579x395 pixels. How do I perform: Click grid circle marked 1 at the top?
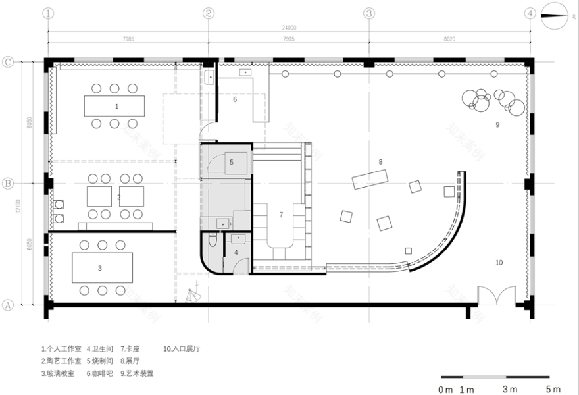[x=49, y=13]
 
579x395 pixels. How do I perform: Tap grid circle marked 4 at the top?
[x=530, y=13]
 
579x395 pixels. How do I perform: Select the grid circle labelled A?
[x=9, y=305]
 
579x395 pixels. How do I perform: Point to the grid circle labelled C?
[x=9, y=62]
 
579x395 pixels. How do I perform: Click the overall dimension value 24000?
[x=288, y=28]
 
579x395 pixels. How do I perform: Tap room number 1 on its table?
[x=116, y=105]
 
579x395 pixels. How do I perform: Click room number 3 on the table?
[x=99, y=267]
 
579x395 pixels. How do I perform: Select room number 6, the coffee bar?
[x=235, y=99]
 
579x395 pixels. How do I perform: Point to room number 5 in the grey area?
[x=232, y=161]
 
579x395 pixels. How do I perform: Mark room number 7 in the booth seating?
[x=281, y=214]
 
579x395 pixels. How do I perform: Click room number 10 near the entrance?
[x=499, y=262]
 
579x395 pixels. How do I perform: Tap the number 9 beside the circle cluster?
[x=497, y=124]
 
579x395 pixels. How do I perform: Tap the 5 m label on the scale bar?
[x=553, y=389]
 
